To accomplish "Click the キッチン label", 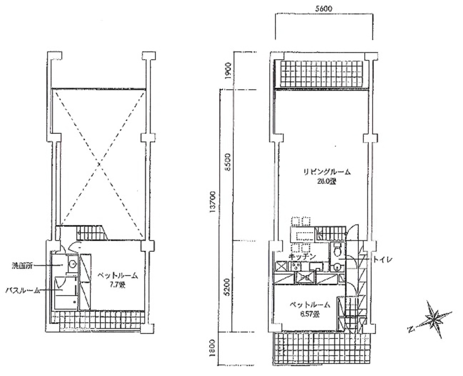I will [x=302, y=256].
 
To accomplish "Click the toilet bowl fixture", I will [x=337, y=250].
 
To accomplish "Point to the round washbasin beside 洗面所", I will [x=73, y=265].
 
